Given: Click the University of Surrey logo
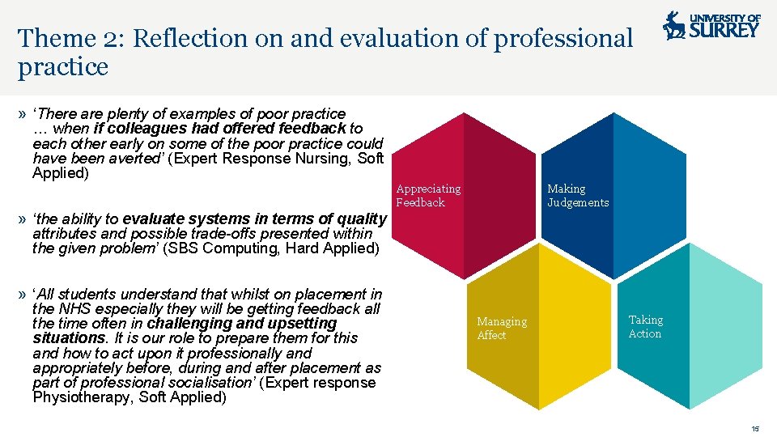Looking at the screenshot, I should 711,26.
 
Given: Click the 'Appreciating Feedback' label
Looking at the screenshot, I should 428,196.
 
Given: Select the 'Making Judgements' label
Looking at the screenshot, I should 578,196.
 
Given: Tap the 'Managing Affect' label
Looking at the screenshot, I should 501,329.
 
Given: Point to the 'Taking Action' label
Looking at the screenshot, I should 645,327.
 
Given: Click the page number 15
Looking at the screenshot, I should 754,429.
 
